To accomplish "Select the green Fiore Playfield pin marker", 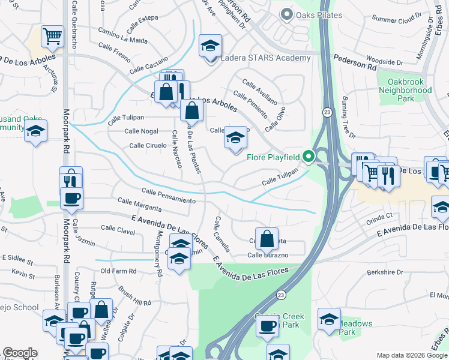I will pos(309,157).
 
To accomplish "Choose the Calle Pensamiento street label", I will pos(169,195).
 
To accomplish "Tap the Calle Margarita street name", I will pos(139,205).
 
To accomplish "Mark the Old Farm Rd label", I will pos(118,271).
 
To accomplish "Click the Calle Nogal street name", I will pos(141,131).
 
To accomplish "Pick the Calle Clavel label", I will pos(118,228).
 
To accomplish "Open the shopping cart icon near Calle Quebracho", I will pos(53,37).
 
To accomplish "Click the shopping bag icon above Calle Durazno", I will pos(267,239).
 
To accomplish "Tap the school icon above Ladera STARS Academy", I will pos(210,46).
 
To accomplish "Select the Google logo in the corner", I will pos(20,353).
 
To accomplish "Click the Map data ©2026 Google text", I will pos(411,355).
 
